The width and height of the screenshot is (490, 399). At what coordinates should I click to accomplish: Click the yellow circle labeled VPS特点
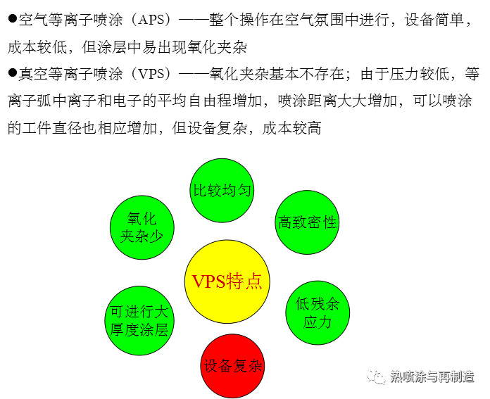227,281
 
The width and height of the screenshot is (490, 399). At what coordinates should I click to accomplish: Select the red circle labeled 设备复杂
232,365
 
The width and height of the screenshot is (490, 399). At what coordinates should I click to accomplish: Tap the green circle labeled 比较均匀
222,190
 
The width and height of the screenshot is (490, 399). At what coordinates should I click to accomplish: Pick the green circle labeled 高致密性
307,222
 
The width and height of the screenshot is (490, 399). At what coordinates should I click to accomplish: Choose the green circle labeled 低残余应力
318,312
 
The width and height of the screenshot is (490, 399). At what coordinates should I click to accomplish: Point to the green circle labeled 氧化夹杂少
142,227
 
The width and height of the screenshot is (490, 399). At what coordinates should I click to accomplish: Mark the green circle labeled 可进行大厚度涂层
139,321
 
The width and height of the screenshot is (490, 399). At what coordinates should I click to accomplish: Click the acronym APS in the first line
151,20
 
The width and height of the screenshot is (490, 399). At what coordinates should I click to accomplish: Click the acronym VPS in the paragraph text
151,74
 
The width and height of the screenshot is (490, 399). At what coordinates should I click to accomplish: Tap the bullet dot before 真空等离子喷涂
12,72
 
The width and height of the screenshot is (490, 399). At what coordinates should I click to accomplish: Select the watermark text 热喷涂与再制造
432,376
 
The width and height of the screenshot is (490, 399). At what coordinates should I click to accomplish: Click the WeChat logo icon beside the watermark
377,376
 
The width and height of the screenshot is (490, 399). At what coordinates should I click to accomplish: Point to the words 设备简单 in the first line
434,20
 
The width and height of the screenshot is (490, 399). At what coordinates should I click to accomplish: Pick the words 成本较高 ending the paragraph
291,128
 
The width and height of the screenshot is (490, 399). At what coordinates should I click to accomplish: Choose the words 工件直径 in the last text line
52,128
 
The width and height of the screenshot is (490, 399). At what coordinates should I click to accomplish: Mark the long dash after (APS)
194,20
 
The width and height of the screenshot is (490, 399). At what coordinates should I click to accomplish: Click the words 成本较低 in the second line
37,47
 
